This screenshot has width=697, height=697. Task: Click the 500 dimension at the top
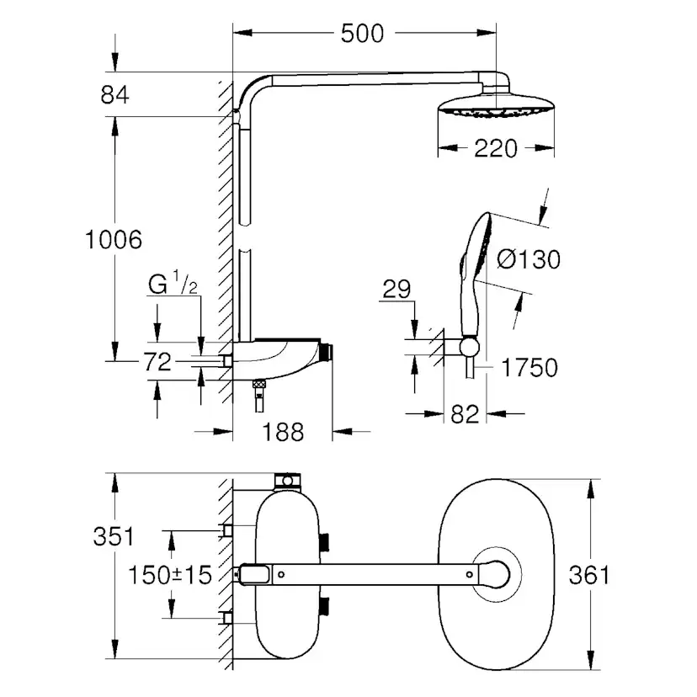pyautogui.click(x=362, y=33)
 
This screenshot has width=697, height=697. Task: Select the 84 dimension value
pyautogui.click(x=114, y=95)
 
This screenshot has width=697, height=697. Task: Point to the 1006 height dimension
pyautogui.click(x=114, y=240)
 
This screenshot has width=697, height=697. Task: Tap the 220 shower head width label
pyautogui.click(x=494, y=149)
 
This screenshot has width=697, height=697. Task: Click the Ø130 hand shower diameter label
pyautogui.click(x=529, y=259)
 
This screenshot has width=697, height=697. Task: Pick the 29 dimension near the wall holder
pyautogui.click(x=395, y=290)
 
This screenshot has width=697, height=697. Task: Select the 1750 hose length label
pyautogui.click(x=529, y=368)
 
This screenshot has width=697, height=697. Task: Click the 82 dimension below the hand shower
pyautogui.click(x=465, y=413)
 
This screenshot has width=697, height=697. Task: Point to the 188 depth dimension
pyautogui.click(x=281, y=432)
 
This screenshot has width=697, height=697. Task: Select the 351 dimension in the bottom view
pyautogui.click(x=114, y=536)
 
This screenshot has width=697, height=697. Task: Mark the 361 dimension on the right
pyautogui.click(x=589, y=576)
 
